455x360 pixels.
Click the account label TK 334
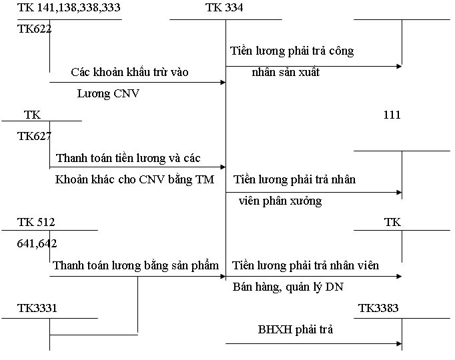[225, 8]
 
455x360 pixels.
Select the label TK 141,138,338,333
[70, 8]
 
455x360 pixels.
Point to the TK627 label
[35, 136]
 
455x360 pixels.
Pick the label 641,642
[37, 243]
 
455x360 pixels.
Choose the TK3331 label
[37, 308]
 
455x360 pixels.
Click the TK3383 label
[379, 308]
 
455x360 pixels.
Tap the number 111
[392, 115]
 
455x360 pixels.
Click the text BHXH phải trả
[296, 329]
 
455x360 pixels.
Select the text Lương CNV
[108, 93]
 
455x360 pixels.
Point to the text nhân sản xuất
[286, 72]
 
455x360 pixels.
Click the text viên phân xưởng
[280, 201]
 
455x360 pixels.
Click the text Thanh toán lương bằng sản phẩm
[135, 265]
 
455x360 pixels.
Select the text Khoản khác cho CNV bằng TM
[135, 179]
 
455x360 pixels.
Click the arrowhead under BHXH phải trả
[399, 343]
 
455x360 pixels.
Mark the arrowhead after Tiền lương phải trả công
[399, 66]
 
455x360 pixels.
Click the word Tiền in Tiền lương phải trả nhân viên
[244, 265]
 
